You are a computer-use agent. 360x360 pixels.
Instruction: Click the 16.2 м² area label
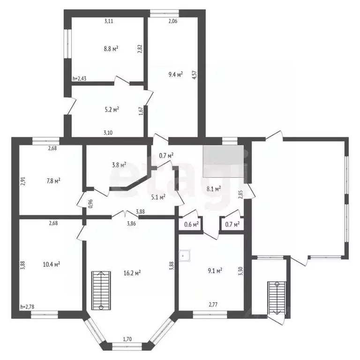click(x=132, y=273)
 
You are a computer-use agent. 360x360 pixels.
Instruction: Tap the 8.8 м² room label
click(x=111, y=49)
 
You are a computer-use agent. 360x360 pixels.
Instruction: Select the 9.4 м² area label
click(x=176, y=75)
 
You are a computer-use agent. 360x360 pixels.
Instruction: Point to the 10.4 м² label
click(x=52, y=264)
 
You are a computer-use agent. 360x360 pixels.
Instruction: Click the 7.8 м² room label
click(x=53, y=181)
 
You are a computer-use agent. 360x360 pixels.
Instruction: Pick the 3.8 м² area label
click(x=119, y=165)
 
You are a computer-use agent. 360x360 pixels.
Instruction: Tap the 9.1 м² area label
click(x=215, y=271)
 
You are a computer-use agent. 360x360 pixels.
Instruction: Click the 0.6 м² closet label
click(x=191, y=224)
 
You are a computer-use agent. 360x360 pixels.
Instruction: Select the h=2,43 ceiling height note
click(x=79, y=79)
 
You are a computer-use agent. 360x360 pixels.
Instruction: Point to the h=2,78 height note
click(x=27, y=307)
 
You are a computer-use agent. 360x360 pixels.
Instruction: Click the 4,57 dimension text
click(x=195, y=75)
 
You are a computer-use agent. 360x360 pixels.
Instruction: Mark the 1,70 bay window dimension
click(x=127, y=339)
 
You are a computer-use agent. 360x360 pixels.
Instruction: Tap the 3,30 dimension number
click(x=240, y=271)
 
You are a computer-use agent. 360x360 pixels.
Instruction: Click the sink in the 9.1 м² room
click(x=184, y=256)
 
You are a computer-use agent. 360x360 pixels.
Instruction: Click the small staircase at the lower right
click(x=277, y=298)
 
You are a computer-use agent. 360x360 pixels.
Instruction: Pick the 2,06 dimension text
click(x=173, y=21)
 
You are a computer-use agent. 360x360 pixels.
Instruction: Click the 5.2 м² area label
click(x=112, y=109)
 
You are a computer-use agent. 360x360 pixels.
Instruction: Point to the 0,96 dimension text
click(x=90, y=203)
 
